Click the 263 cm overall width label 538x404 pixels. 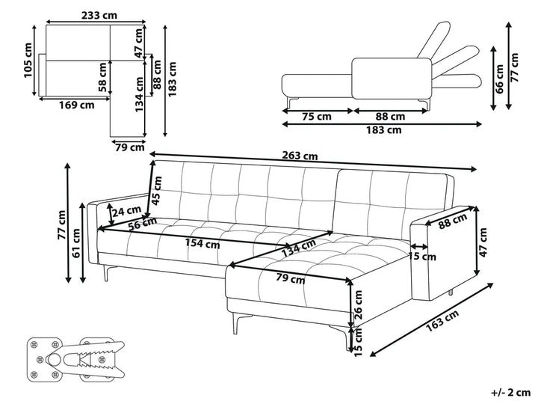[300, 156]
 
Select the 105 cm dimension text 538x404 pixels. [28, 59]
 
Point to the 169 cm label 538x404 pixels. [77, 105]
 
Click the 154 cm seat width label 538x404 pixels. [201, 243]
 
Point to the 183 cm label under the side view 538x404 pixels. [383, 129]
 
